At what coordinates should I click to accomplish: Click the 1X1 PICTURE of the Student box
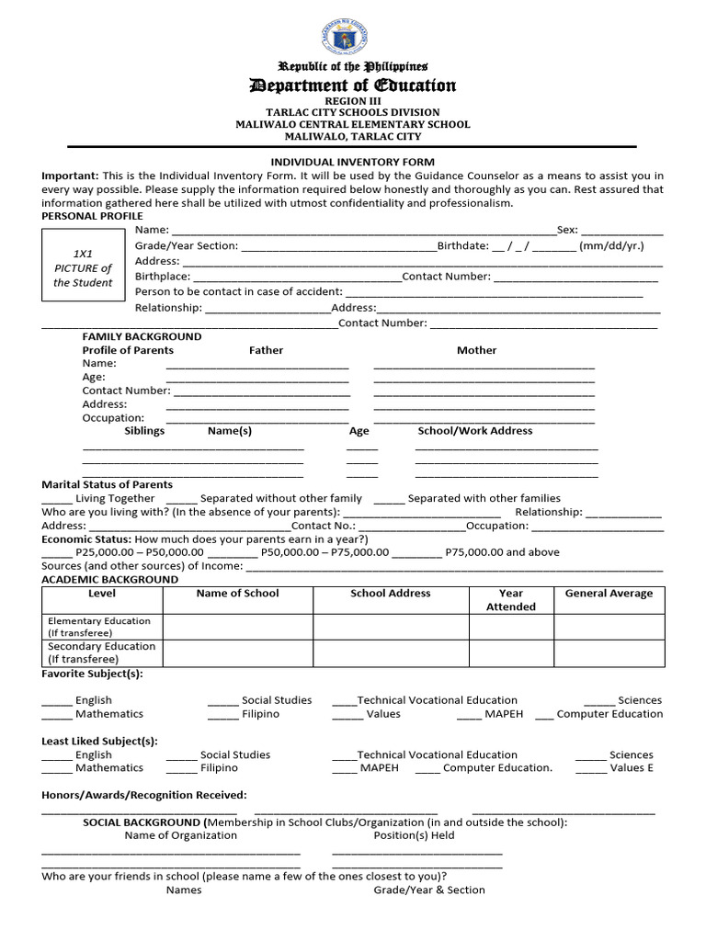click(x=82, y=266)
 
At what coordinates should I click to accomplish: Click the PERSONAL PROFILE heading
click(x=92, y=215)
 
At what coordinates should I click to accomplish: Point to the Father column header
click(x=266, y=350)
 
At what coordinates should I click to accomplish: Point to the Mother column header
click(x=476, y=350)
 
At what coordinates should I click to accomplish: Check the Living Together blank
click(x=56, y=499)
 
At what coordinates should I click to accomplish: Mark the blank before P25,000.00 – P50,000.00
click(x=56, y=553)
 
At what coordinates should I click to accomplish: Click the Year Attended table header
click(x=511, y=600)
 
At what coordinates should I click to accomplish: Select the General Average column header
click(x=609, y=594)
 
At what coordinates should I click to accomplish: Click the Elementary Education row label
click(x=99, y=627)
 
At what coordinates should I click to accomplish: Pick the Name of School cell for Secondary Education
click(x=238, y=653)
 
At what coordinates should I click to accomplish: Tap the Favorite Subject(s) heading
click(x=92, y=674)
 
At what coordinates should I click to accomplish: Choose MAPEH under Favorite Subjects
click(x=503, y=714)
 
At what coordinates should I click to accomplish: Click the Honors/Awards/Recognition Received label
click(x=144, y=795)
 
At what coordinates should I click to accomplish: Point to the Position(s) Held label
click(x=414, y=835)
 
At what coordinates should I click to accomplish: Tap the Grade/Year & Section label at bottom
click(x=429, y=890)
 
